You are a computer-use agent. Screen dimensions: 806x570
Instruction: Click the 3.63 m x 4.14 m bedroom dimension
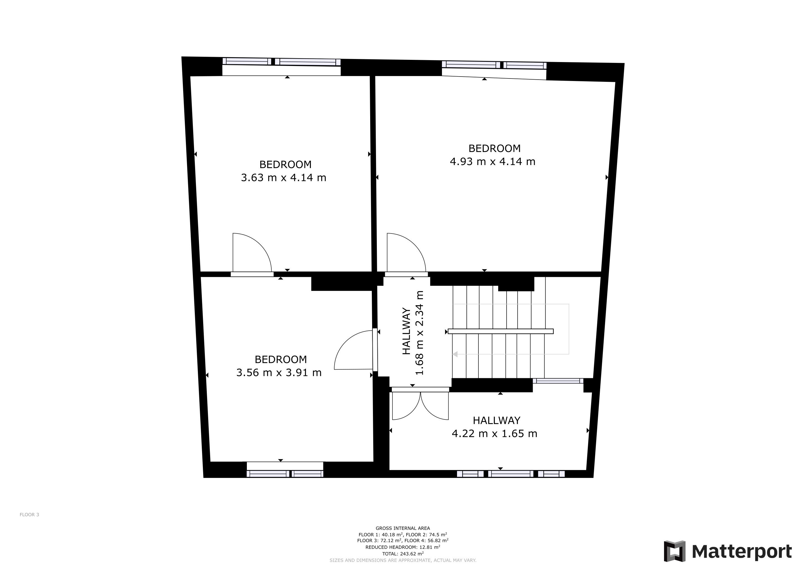(283, 178)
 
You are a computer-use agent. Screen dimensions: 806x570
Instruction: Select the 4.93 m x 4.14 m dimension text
(493, 161)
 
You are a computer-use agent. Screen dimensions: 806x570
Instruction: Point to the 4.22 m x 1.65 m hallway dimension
(494, 433)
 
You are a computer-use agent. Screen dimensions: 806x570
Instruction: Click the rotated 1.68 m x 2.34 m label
(419, 333)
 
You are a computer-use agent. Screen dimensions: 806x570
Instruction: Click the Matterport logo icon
(675, 551)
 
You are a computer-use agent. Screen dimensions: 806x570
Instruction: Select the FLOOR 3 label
(29, 515)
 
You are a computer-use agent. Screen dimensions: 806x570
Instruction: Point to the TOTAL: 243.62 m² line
(403, 554)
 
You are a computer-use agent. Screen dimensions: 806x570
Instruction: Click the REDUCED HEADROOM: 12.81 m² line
(403, 547)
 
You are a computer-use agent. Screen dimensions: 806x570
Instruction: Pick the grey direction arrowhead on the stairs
(455, 354)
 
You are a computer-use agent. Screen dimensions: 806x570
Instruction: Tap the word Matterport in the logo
(742, 551)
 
